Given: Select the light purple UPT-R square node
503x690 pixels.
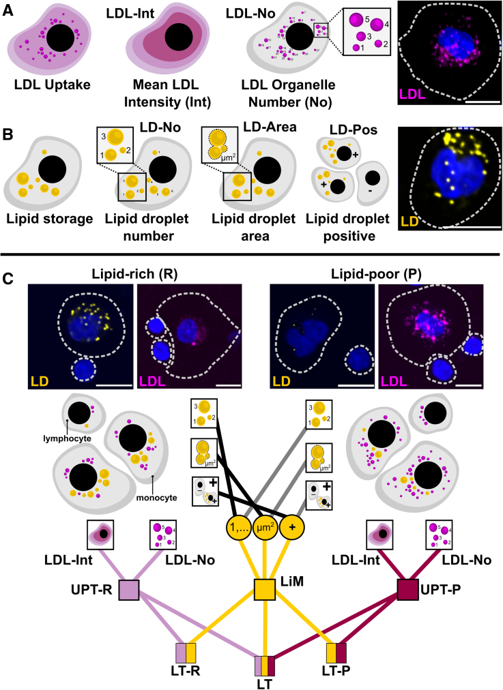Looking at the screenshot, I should pyautogui.click(x=128, y=588).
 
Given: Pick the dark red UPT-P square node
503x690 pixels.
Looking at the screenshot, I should pyautogui.click(x=408, y=588).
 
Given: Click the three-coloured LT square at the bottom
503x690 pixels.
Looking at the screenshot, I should pyautogui.click(x=265, y=665).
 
